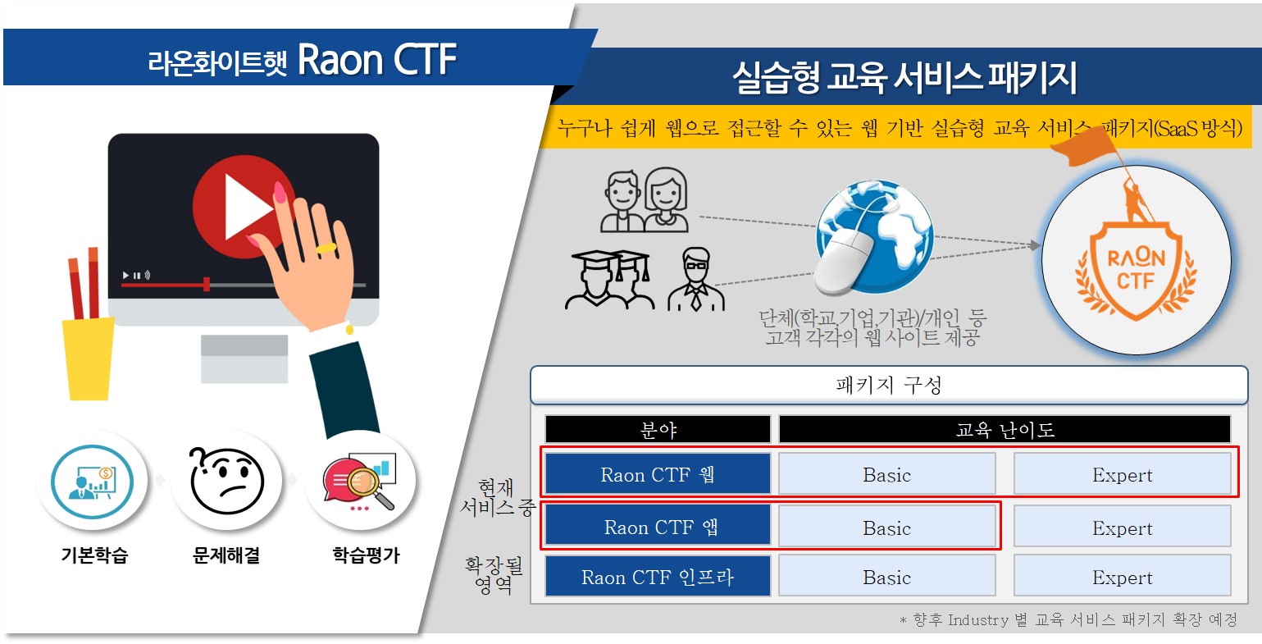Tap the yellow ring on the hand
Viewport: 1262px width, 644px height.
click(326, 248)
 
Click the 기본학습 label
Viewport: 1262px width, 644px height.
click(94, 555)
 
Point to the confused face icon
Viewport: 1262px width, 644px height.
click(226, 480)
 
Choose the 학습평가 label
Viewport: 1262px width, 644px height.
click(367, 555)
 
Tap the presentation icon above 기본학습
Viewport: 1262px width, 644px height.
click(93, 482)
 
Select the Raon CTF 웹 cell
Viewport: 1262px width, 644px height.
click(658, 474)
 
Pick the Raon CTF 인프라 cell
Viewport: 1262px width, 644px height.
click(658, 576)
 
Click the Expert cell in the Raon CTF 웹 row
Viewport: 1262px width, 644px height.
click(1123, 474)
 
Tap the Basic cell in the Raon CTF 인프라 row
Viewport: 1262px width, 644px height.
click(886, 576)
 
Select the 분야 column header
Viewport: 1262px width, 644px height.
click(658, 429)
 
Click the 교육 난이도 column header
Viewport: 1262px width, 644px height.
click(1005, 429)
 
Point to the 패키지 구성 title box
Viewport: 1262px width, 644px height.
click(889, 386)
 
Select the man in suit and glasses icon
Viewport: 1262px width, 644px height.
click(696, 280)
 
